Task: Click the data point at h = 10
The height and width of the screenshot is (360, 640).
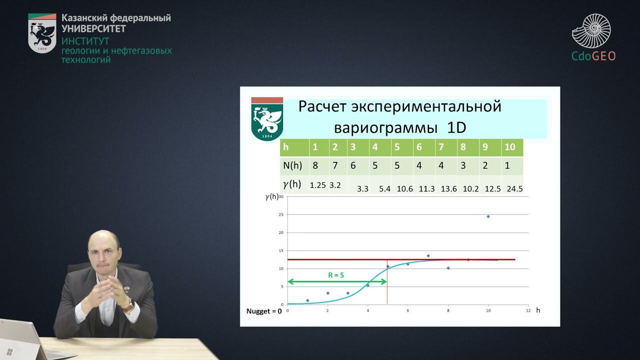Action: [488, 216]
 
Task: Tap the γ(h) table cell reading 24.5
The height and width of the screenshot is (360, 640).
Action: [512, 189]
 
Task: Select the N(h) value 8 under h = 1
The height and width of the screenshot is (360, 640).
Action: [315, 165]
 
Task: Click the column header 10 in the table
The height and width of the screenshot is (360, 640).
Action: [509, 147]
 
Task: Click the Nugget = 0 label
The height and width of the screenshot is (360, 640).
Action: [264, 311]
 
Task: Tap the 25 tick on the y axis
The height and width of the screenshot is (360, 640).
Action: [281, 214]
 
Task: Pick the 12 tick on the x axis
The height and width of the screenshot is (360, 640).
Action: [527, 310]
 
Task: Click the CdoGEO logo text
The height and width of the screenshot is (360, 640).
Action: [593, 56]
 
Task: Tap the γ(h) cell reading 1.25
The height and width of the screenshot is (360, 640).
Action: [318, 185]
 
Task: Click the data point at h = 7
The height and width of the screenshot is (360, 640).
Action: [428, 255]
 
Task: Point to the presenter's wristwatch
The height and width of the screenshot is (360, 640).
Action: [129, 303]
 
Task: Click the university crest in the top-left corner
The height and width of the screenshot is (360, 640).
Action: [42, 33]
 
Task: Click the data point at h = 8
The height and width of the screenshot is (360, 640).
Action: [448, 268]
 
